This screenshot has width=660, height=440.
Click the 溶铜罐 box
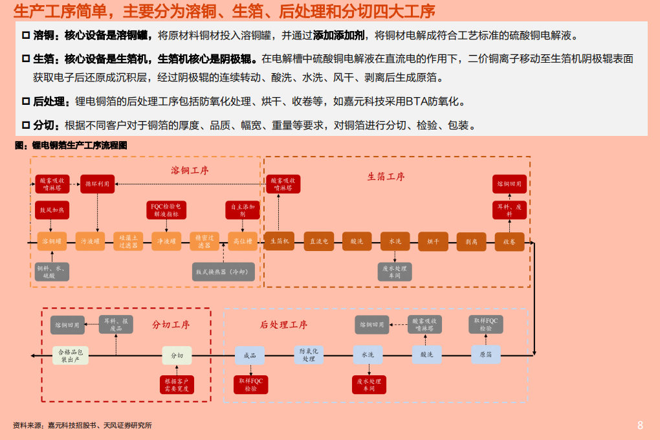pos(52,241)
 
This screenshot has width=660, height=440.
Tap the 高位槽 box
pos(243,241)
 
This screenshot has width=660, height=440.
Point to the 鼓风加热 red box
pos(52,210)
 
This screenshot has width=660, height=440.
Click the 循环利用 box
pos(97,184)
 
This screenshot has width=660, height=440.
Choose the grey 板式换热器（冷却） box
pos(224,272)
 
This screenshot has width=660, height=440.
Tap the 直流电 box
pos(318,241)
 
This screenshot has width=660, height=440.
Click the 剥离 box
pos(471,241)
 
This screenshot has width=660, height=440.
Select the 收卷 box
pos(509,241)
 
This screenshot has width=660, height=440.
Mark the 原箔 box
pos(485,355)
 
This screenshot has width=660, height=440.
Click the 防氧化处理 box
pos(309,355)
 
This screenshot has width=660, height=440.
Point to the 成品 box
pos(250,355)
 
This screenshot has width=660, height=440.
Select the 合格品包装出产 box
pos(69,355)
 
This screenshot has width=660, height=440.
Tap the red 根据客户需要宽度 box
pos(177,385)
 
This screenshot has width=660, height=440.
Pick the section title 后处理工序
pos(283,325)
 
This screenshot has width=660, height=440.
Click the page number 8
pos(640,425)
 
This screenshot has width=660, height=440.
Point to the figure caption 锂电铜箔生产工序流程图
pos(71,146)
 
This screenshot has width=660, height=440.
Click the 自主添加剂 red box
pos(243,210)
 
